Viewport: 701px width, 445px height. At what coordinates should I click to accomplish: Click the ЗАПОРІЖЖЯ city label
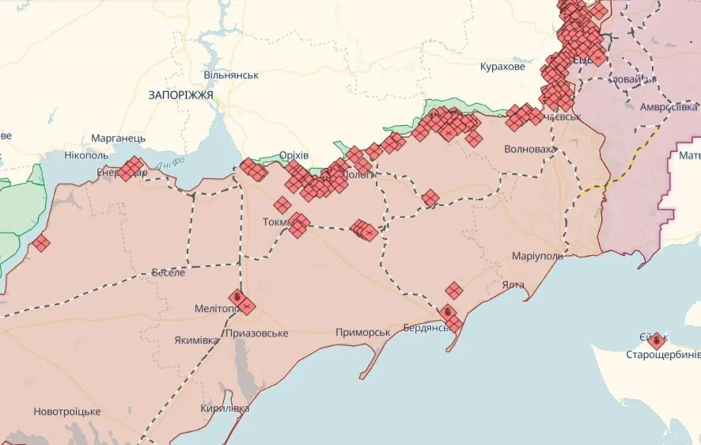click(180, 94)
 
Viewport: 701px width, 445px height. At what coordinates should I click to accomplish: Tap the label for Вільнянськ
click(231, 74)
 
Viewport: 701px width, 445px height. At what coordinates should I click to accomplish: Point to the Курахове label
click(502, 67)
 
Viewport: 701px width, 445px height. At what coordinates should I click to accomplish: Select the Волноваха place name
click(529, 148)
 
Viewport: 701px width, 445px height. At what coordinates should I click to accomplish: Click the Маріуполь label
click(537, 257)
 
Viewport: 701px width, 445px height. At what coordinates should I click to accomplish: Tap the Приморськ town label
click(362, 332)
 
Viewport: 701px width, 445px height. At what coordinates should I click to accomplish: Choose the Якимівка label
click(197, 340)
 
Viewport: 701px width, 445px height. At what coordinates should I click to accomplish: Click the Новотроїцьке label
click(66, 412)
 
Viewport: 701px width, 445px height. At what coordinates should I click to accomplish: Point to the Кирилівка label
click(225, 409)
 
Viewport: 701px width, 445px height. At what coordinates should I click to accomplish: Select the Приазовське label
click(256, 333)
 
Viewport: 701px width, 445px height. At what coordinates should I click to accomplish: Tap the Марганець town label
click(118, 138)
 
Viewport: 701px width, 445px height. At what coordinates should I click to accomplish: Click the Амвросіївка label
click(669, 107)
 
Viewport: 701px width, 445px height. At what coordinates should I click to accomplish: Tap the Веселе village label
click(169, 272)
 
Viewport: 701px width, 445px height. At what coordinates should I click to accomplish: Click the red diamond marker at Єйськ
click(656, 341)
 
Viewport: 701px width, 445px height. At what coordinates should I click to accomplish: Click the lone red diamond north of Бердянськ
click(453, 291)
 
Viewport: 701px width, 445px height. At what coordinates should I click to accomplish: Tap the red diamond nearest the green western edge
click(41, 243)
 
